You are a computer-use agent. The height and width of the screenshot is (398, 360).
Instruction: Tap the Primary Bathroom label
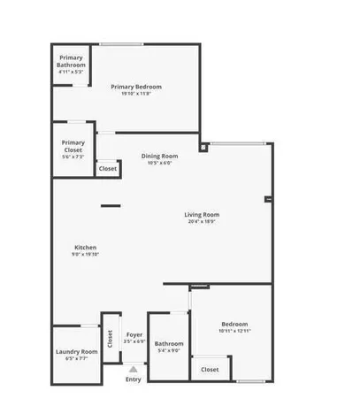[x=72, y=62]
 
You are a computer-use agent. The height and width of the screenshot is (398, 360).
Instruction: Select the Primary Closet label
[x=73, y=143]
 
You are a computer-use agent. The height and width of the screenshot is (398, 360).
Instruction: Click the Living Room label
[x=202, y=215]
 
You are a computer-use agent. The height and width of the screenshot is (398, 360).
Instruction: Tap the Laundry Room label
[x=77, y=352]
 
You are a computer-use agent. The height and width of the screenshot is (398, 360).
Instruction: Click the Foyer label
[x=134, y=334]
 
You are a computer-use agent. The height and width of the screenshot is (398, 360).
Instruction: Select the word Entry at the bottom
[x=133, y=379]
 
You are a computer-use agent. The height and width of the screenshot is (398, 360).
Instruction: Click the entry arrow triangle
[x=133, y=368]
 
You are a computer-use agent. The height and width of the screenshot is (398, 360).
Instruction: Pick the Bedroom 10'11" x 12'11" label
[x=234, y=324]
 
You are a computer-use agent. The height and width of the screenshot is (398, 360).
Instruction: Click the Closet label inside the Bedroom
[x=210, y=369]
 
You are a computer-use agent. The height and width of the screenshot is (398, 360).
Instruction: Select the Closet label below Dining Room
[x=107, y=168]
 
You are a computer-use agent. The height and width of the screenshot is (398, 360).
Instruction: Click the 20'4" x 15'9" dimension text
[x=202, y=221]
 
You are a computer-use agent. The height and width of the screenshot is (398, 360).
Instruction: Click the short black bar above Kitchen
[x=111, y=206]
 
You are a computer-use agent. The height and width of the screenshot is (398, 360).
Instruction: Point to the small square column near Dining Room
[x=203, y=148]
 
